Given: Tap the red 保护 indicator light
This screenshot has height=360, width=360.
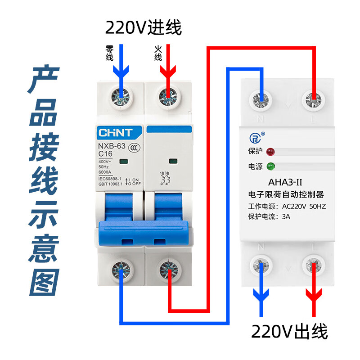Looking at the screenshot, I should pyautogui.click(x=270, y=151).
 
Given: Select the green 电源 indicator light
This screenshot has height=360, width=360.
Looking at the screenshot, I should pyautogui.click(x=270, y=166).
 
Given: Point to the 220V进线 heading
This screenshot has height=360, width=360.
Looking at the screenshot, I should pyautogui.click(x=144, y=28).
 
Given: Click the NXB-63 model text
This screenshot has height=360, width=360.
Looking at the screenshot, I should pyautogui.click(x=112, y=146).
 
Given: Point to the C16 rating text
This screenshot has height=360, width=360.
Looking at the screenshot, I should pyautogui.click(x=106, y=154).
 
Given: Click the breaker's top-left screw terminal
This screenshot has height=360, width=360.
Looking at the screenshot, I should pyautogui.click(x=121, y=95).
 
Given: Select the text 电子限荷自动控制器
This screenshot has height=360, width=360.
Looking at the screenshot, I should pyautogui.click(x=286, y=195).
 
